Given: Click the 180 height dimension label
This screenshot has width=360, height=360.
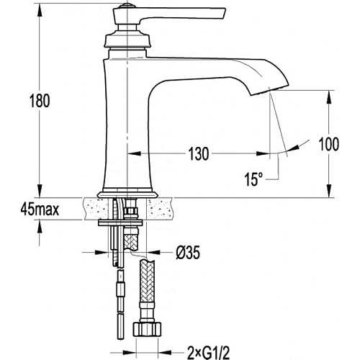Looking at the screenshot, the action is (x=40, y=101).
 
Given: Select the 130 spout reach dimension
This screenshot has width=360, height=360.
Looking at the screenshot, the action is (x=199, y=153).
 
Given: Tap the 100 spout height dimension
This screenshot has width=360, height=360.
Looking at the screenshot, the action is (x=329, y=144).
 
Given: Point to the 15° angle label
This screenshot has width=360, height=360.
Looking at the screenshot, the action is (x=253, y=179).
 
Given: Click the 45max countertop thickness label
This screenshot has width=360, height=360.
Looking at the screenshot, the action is (x=40, y=209).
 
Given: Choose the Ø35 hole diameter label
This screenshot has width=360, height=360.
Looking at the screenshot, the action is (x=188, y=253).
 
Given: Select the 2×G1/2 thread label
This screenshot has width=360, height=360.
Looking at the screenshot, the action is (x=208, y=353).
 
